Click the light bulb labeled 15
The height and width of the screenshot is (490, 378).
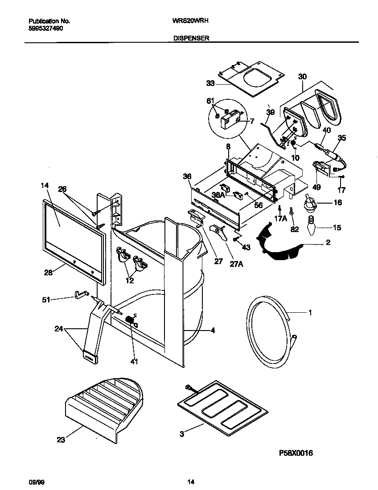311,226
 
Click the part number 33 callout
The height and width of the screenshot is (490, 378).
210,83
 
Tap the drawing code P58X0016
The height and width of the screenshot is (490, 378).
296,453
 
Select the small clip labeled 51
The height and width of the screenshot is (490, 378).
80,294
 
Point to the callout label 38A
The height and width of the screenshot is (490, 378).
218,194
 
